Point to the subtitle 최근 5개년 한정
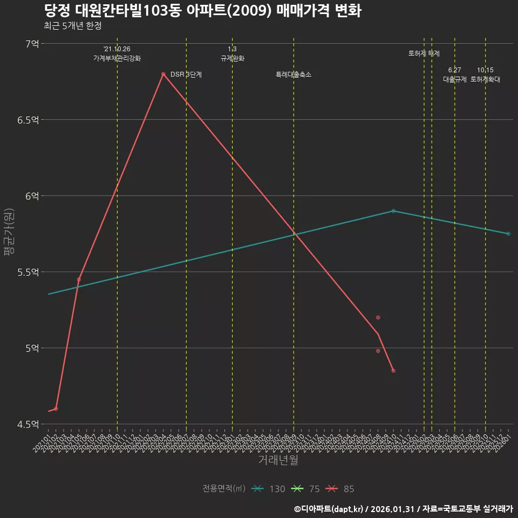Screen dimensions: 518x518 [x=72, y=25]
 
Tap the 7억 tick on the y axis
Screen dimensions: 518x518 [x=32, y=44]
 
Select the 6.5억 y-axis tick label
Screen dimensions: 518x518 [x=28, y=120]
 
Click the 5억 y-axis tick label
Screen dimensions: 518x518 [x=32, y=348]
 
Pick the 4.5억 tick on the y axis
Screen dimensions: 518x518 [x=28, y=424]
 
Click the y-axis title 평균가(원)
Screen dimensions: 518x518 [x=9, y=234]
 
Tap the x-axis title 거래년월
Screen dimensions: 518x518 [x=277, y=460]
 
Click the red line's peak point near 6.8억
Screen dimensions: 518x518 [x=163, y=74]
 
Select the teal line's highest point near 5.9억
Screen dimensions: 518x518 [x=393, y=211]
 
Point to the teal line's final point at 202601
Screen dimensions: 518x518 [x=508, y=234]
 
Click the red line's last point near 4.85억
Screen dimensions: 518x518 [x=393, y=371]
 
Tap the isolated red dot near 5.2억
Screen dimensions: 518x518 [x=378, y=317]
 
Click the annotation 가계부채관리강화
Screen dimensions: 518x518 [x=117, y=58]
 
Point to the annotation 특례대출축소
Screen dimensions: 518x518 [x=294, y=74]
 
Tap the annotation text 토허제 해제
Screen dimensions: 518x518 [x=424, y=53]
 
